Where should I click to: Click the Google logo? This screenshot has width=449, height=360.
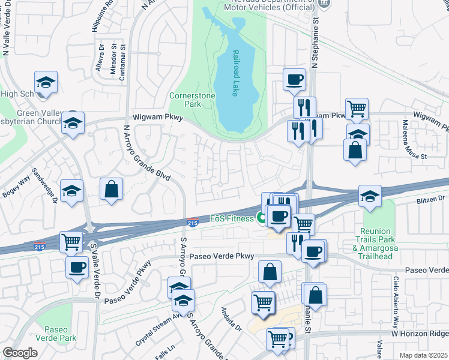coord(20,353)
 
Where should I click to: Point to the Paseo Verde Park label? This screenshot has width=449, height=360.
coord(59,334)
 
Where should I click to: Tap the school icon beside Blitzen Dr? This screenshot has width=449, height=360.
coord(370,196)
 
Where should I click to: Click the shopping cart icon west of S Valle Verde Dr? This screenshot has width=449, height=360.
coord(71,242)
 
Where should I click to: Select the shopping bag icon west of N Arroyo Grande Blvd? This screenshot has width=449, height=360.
coord(112,188)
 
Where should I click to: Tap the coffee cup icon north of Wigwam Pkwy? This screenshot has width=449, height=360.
coord(294,79)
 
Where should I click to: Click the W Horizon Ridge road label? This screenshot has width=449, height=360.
coord(420,333)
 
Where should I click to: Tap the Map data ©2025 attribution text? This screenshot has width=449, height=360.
coord(423,355)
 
